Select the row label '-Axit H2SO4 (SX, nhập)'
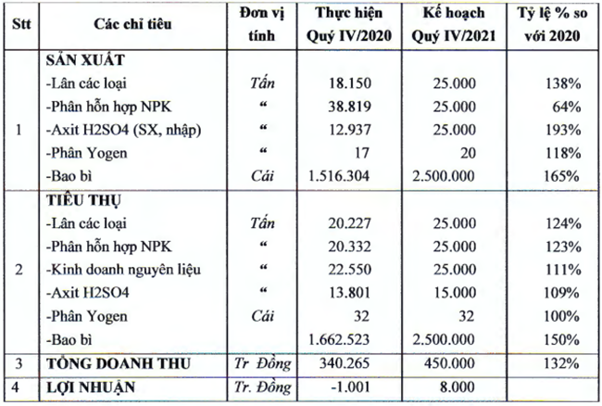click(114, 128)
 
